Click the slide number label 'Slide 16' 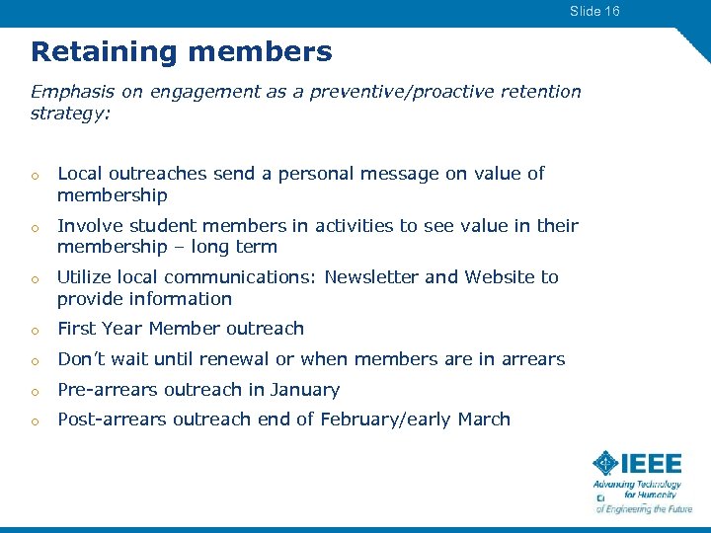pos(594,11)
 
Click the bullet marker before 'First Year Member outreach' pos(35,330)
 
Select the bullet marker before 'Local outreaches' pos(35,176)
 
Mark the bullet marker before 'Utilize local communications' pos(35,278)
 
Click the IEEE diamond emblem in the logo pos(605,463)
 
